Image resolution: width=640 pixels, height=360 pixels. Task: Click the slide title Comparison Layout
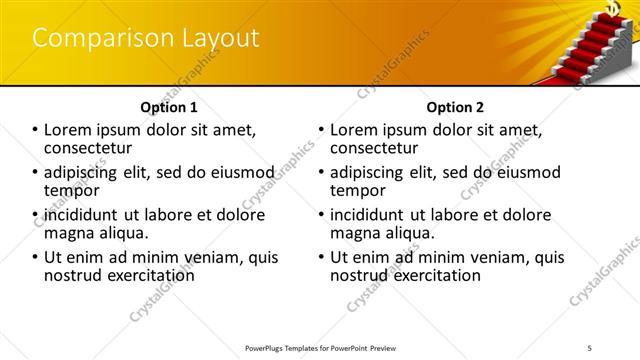point(146,39)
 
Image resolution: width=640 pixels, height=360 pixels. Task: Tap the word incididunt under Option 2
point(371,215)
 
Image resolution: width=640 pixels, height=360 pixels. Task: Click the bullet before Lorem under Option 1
point(35,130)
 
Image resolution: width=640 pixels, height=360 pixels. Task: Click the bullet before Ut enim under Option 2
point(322,258)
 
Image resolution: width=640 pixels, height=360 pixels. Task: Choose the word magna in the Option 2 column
point(356,233)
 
